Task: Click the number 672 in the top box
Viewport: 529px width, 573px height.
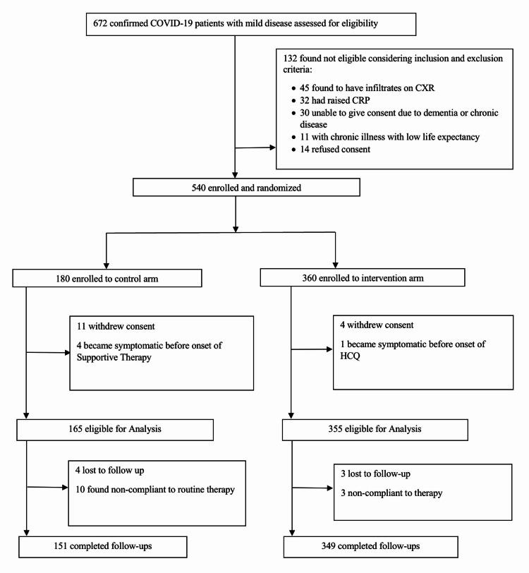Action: (102, 23)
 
